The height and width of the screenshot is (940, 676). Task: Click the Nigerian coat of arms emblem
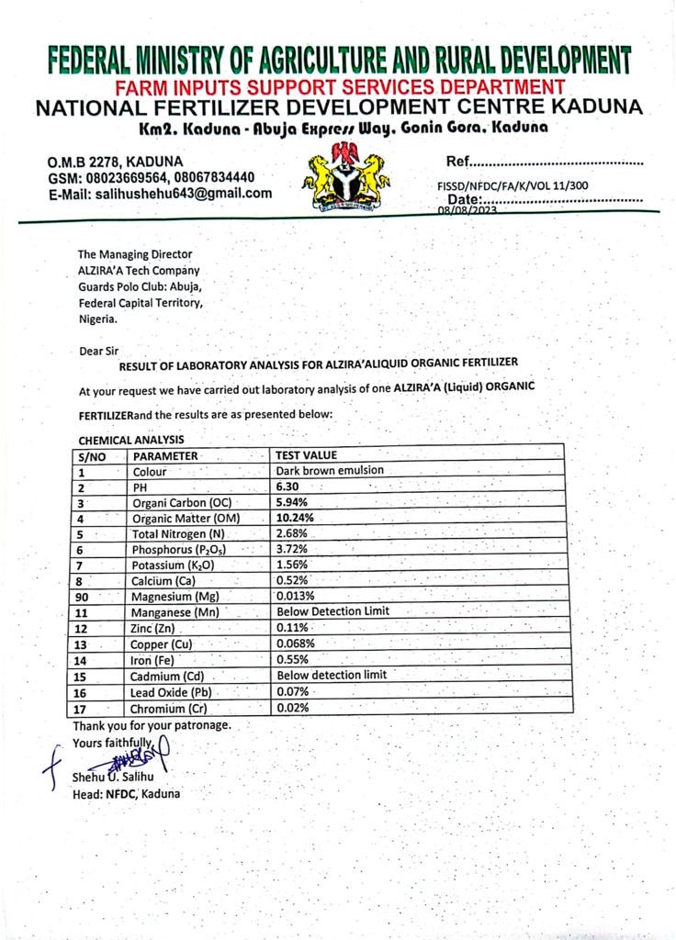[346, 177]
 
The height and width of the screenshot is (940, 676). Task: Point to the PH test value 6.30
[290, 487]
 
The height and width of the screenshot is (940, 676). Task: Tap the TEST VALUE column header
[307, 454]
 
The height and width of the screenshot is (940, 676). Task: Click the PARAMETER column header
[165, 455]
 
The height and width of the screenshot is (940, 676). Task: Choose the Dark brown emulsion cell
[331, 470]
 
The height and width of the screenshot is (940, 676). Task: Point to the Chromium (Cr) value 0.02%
[293, 708]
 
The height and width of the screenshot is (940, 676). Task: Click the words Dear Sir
[99, 350]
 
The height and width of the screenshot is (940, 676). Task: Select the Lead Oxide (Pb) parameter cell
[174, 692]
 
